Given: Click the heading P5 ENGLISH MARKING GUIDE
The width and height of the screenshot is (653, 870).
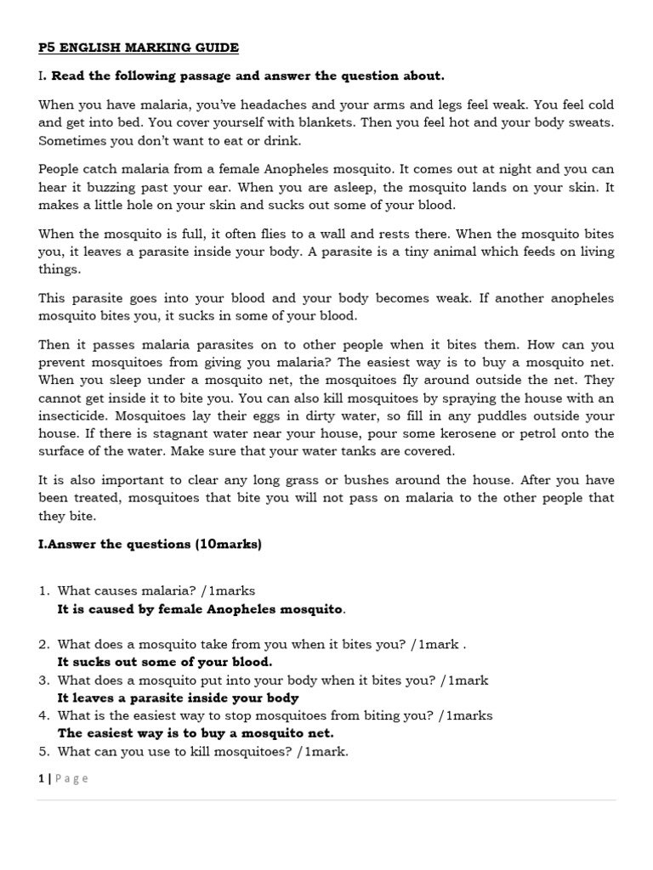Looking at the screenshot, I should pyautogui.click(x=139, y=48).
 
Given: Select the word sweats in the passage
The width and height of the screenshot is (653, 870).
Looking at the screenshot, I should pyautogui.click(x=588, y=122).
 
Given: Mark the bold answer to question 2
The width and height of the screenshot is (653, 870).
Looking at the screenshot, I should pyautogui.click(x=165, y=662).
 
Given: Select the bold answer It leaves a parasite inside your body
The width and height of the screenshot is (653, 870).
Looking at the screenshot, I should pyautogui.click(x=178, y=698).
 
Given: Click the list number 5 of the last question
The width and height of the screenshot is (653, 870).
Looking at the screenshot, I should pyautogui.click(x=43, y=751).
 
